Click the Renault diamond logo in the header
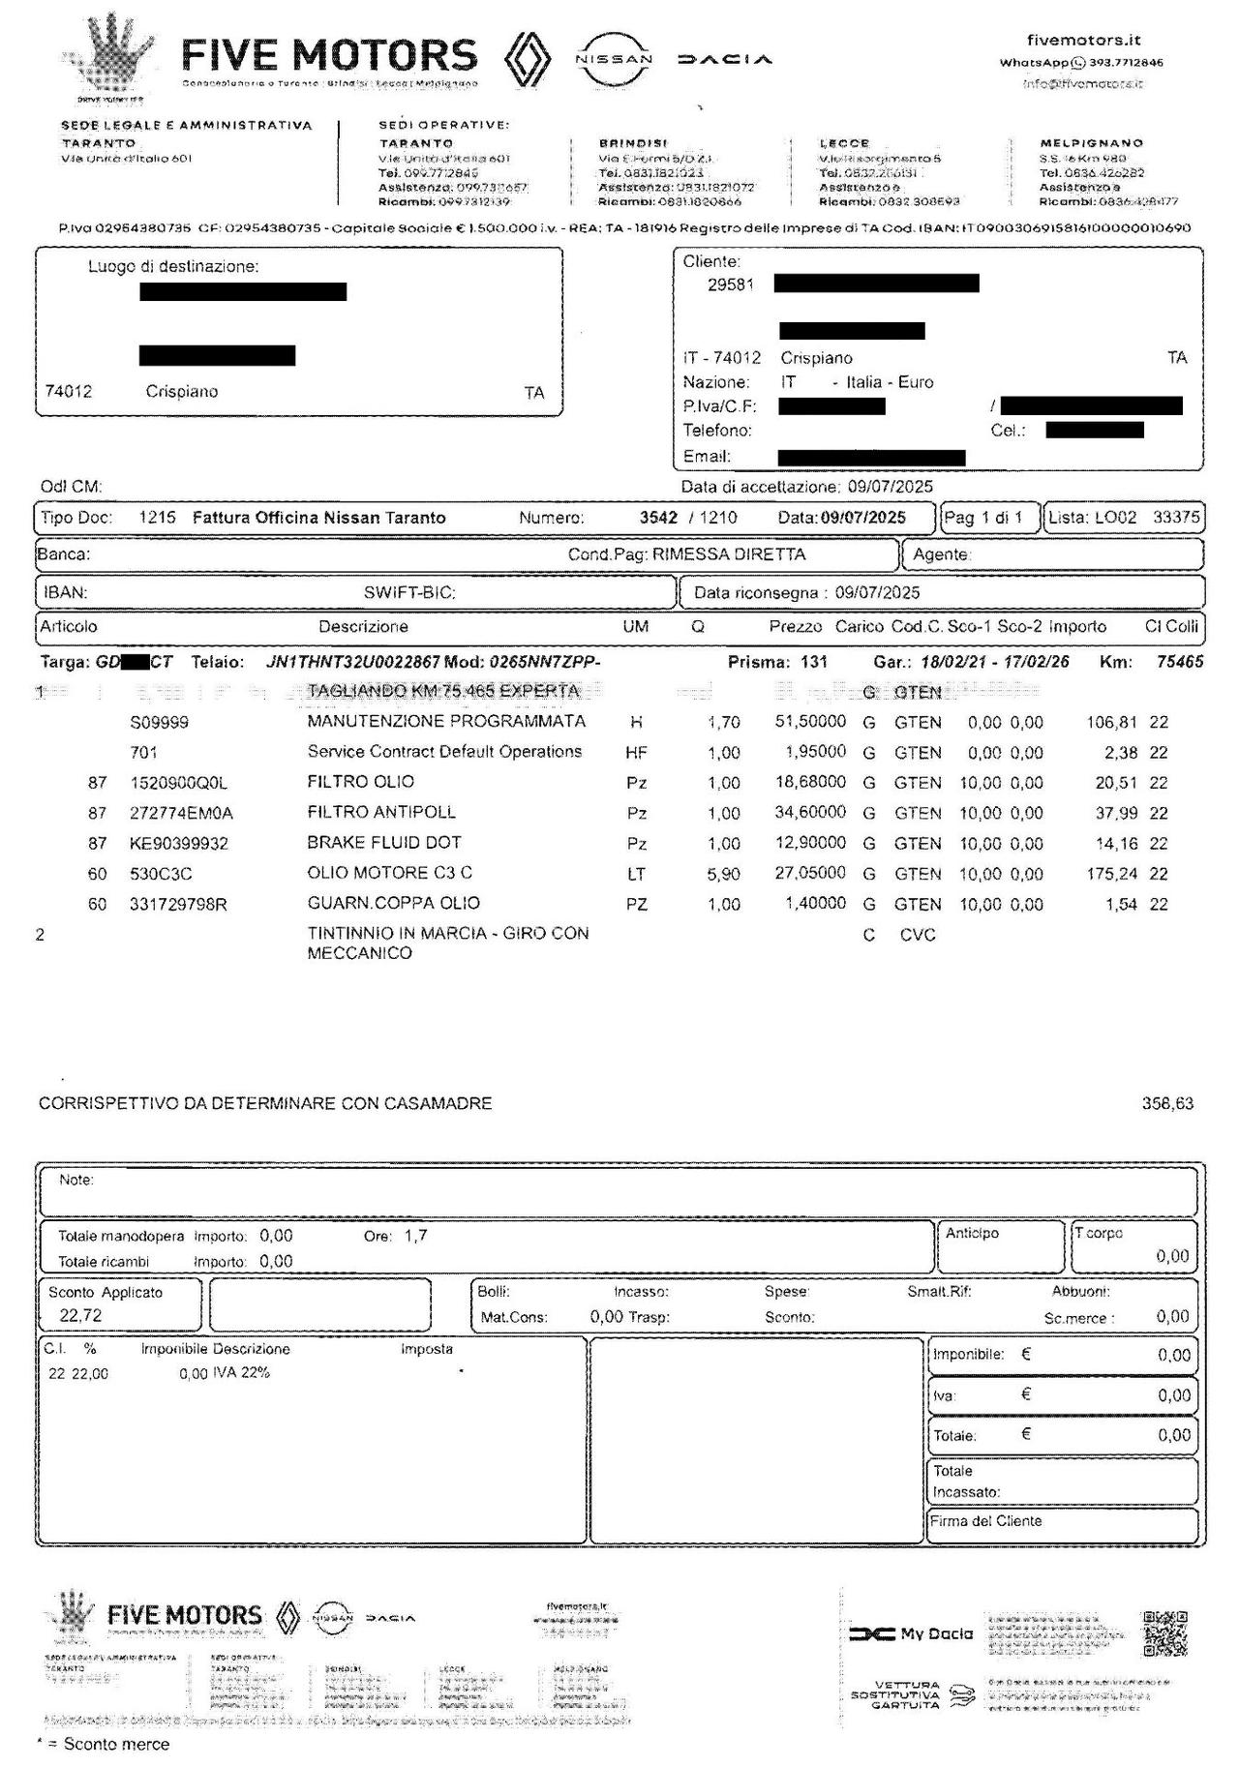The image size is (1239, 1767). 529,59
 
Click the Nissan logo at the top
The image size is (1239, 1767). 614,59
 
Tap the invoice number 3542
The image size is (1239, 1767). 658,518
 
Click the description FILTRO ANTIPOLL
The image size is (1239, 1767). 381,812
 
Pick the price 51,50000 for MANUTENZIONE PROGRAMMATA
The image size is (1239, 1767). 810,722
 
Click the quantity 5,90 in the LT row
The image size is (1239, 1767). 723,874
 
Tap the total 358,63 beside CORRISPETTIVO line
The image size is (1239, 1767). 1167,1103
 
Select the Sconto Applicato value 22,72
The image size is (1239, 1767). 80,1315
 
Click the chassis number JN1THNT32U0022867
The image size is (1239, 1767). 352,663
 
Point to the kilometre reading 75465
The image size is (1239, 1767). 1180,663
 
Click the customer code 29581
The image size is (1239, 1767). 730,285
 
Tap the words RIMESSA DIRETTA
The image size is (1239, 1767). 729,554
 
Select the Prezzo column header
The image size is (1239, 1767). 795,627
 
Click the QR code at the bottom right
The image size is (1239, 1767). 1164,1633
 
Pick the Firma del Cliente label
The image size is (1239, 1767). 986,1521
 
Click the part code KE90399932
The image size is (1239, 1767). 179,844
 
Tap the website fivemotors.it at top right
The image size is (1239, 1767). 1083,41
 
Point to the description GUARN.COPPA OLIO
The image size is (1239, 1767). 393,903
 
